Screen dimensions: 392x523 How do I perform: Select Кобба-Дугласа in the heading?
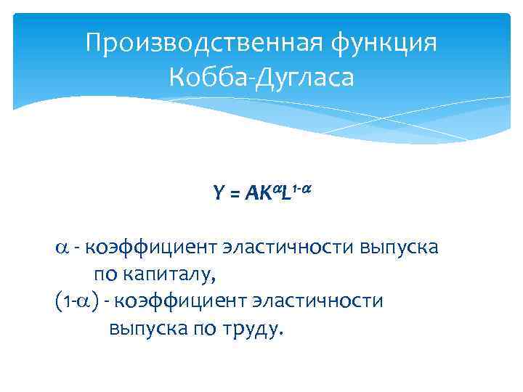pyautogui.click(x=261, y=76)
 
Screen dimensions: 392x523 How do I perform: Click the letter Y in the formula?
pyautogui.click(x=218, y=194)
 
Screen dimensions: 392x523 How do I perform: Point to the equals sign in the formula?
pyautogui.click(x=234, y=194)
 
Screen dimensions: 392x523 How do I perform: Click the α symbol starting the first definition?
pyautogui.click(x=61, y=248)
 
